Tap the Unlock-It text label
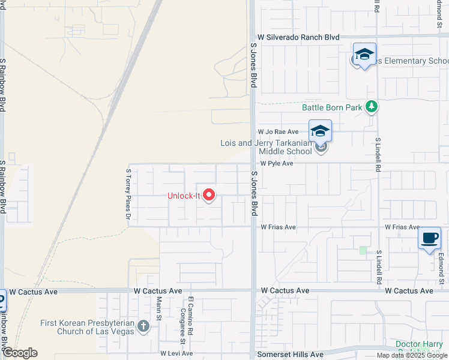point(184,196)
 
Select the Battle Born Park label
point(332,107)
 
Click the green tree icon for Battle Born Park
point(372,107)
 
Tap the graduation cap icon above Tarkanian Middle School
point(321,131)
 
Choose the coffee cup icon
point(430,238)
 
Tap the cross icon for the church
point(143,326)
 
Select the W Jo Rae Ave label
point(278,131)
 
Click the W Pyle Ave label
point(276,163)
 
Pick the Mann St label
point(159,307)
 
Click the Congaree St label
point(182,320)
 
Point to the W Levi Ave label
point(175,354)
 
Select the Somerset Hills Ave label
point(290,355)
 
